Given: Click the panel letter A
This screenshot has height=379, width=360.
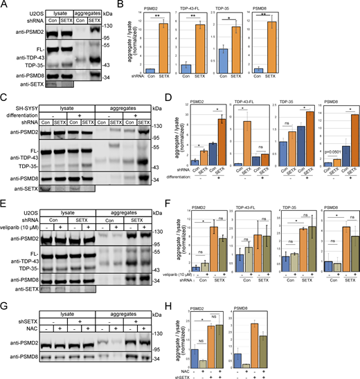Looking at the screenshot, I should coord(5,6).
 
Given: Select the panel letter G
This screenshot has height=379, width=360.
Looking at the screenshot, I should coord(5,285).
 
